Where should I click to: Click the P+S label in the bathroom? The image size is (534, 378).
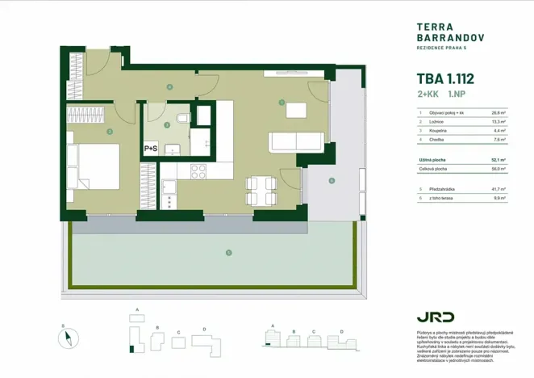pos(151,149)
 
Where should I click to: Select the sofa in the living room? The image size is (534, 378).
pos(296,141)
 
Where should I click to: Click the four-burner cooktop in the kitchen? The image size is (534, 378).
pos(198,171)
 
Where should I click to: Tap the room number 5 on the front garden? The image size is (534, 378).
pos(229,253)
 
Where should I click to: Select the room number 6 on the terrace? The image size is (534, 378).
pos(332,181)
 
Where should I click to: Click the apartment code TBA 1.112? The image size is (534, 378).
pos(444,80)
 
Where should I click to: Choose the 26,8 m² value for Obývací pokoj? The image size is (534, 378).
pos(497,113)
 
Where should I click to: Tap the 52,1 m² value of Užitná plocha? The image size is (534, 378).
pos(497,160)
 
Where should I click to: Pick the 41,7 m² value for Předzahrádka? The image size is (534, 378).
pos(497,188)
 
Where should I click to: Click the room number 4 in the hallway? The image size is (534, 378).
pos(169,86)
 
